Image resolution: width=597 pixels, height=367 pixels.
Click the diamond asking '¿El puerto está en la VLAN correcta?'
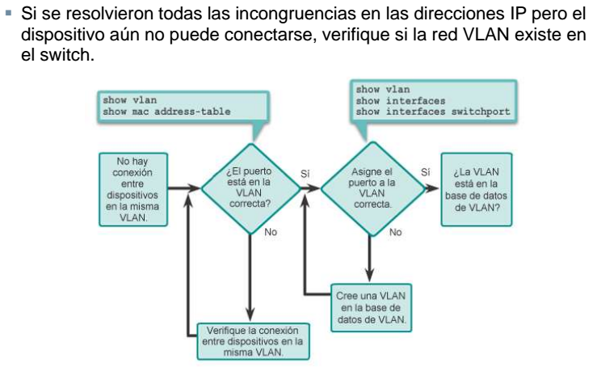[x=249, y=188]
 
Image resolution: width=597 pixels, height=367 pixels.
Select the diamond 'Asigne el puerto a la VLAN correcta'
[x=371, y=188]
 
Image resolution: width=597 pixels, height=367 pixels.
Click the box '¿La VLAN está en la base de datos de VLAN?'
[x=475, y=188]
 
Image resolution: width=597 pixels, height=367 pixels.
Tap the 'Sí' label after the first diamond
[x=305, y=173]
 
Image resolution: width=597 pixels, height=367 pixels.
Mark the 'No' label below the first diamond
[x=271, y=232]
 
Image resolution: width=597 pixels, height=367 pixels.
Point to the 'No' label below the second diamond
[x=395, y=232]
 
